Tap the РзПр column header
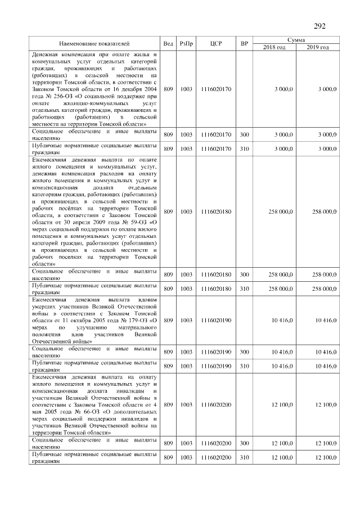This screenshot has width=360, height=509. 186,43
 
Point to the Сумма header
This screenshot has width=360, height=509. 296,40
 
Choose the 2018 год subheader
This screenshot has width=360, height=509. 274,47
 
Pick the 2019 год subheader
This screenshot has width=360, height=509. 318,47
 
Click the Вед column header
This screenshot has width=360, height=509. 168,43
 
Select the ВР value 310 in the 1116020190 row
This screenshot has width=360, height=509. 244,366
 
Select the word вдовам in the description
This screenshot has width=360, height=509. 145,301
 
